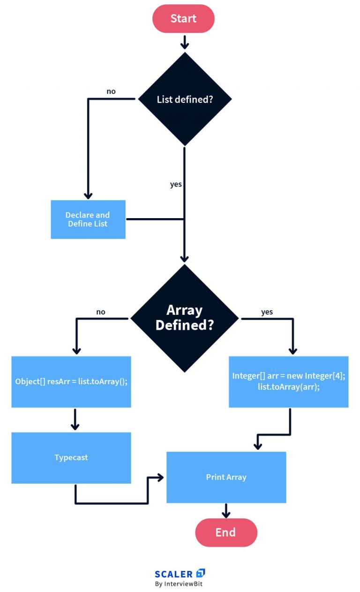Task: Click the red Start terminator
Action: coord(183,18)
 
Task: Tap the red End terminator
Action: coord(226,532)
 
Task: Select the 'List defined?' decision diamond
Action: coord(185,99)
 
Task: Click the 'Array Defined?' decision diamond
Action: coord(185,318)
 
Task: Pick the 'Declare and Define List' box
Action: coord(88,220)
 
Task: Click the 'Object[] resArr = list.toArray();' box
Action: coord(71,382)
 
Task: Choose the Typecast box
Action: coord(71,458)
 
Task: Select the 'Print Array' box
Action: coord(226,477)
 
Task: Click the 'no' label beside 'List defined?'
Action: coord(111,91)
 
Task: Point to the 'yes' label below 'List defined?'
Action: coord(176,184)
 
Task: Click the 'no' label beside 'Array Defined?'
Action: coord(101,312)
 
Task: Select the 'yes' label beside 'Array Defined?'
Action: coord(267,312)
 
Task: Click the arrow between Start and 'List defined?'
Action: coord(185,42)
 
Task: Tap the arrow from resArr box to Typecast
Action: coord(75,419)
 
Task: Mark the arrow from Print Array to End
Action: coord(226,510)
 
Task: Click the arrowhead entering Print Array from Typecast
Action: coord(160,477)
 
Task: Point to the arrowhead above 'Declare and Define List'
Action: coord(88,196)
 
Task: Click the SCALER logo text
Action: coord(173,574)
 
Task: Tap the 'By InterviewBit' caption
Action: coord(179,584)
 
